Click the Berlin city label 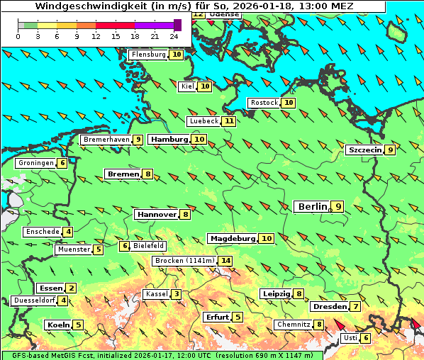(312, 206)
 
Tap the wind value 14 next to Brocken (225, 261)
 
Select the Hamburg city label (169, 140)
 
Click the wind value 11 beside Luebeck (228, 121)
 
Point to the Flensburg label (148, 55)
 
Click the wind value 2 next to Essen (71, 288)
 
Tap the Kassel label (155, 294)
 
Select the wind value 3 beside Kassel (176, 294)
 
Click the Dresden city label (329, 307)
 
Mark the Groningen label (35, 163)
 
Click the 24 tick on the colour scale (174, 35)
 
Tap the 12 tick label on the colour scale (96, 35)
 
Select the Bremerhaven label (106, 140)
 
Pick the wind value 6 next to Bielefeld (125, 246)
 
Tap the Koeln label (57, 325)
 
